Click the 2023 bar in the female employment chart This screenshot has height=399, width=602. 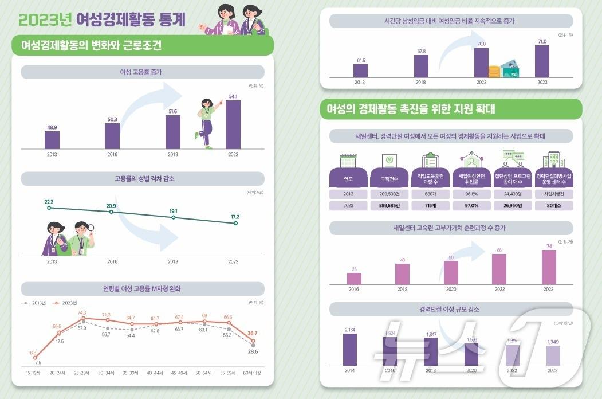233,125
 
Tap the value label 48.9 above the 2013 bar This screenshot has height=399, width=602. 52,127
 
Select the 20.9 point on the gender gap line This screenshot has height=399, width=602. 111,212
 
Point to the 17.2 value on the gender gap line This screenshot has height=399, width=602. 235,223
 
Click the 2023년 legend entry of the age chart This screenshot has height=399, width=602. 65,303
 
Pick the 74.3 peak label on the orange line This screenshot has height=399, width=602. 82,313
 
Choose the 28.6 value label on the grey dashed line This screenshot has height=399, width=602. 253,351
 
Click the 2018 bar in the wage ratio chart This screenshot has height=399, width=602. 421,66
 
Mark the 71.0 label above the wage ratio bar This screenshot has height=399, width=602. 542,41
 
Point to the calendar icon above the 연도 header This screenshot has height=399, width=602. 348,161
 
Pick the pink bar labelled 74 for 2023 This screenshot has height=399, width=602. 549,267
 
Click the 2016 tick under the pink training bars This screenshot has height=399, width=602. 353,290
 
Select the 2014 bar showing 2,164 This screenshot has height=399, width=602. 350,349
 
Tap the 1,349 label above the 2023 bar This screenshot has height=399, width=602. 553,342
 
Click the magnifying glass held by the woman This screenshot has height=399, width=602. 90,228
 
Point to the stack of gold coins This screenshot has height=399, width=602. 494,72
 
